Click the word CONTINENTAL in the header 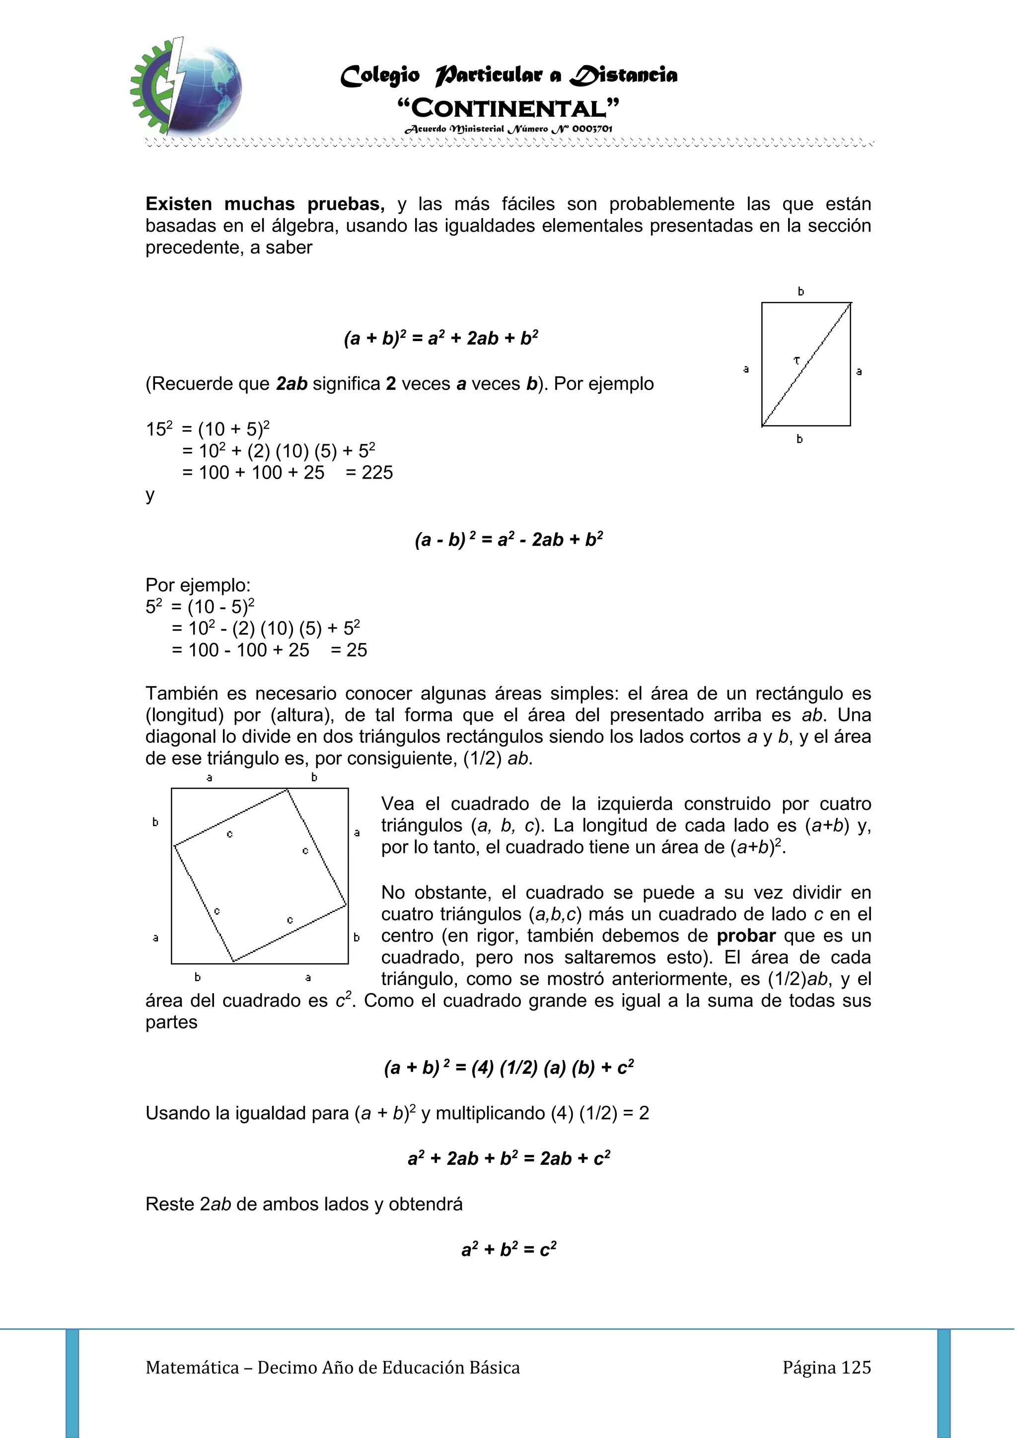point(508,108)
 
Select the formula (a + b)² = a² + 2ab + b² point(441,338)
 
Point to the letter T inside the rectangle point(797,360)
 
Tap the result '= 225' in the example point(369,472)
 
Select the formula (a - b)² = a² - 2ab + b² point(508,539)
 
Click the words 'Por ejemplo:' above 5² point(198,585)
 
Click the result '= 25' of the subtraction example point(349,650)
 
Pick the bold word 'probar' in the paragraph point(746,935)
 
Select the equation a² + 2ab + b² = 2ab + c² point(508,1158)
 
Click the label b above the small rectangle point(800,291)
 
